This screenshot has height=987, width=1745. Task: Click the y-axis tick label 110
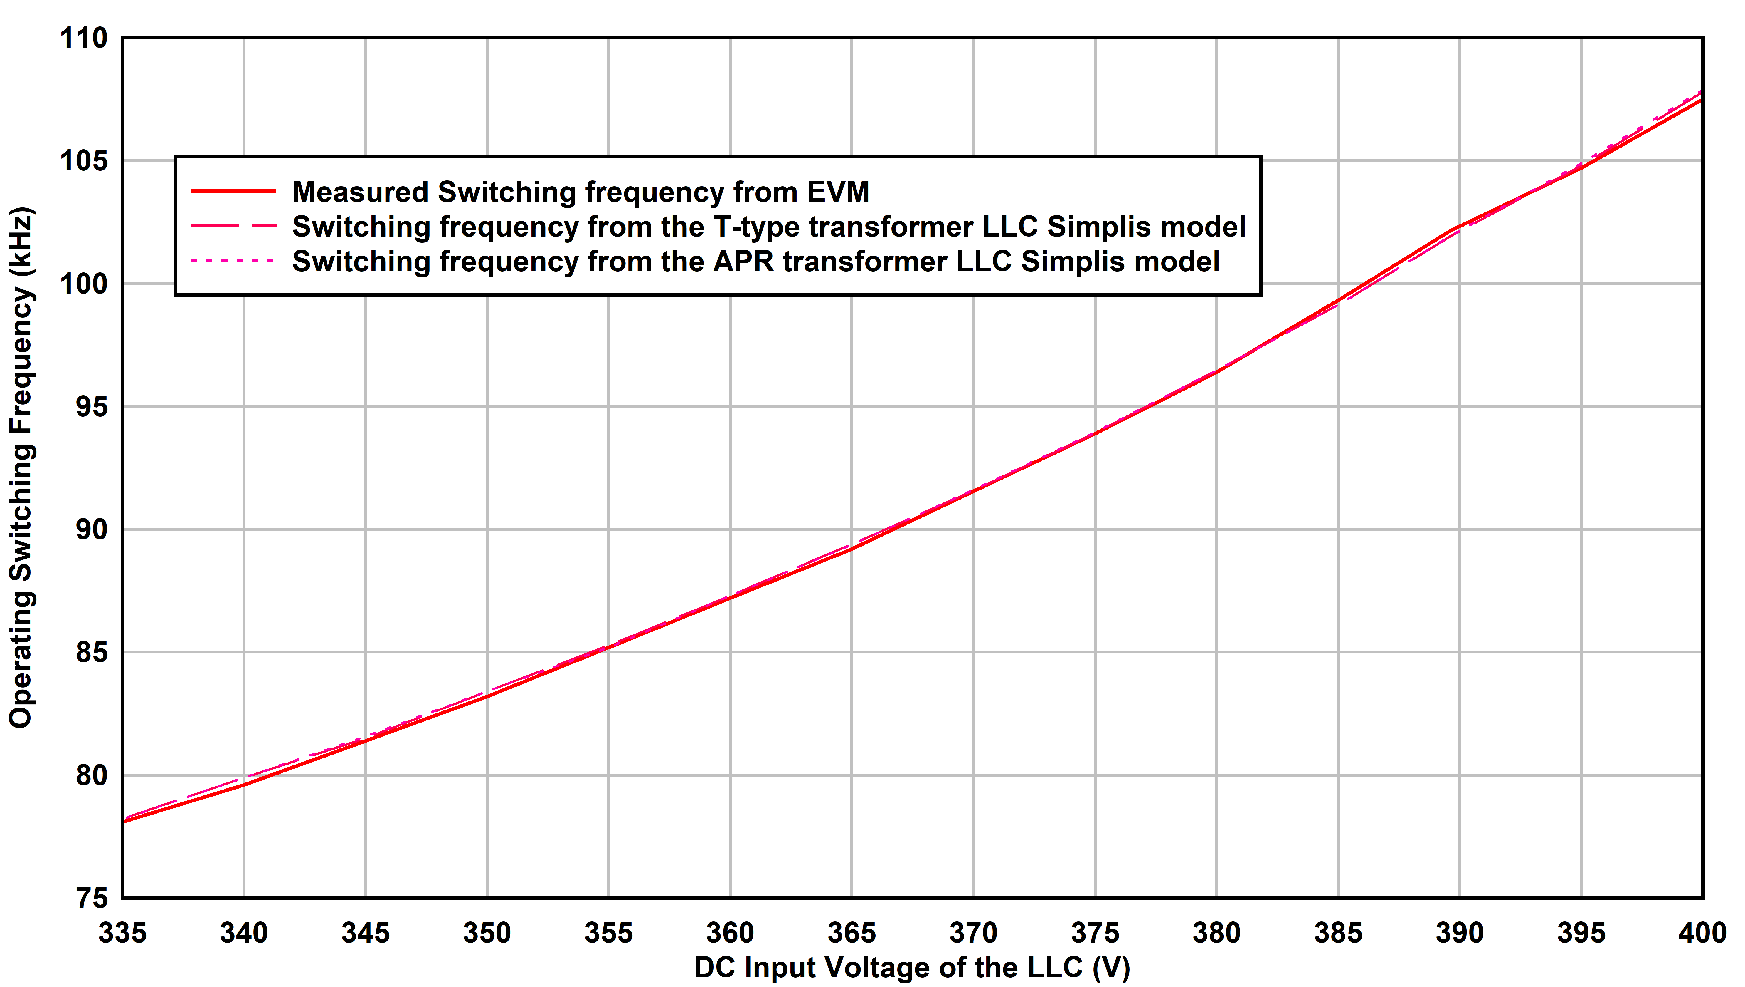pyautogui.click(x=84, y=38)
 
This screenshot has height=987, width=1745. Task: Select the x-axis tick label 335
pyautogui.click(x=123, y=934)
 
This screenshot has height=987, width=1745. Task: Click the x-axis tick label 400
pyautogui.click(x=1701, y=934)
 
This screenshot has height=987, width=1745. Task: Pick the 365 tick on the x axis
pyautogui.click(x=852, y=934)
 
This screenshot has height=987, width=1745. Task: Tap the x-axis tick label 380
pyautogui.click(x=1216, y=934)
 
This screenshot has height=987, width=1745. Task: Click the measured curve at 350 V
pyautogui.click(x=487, y=696)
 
